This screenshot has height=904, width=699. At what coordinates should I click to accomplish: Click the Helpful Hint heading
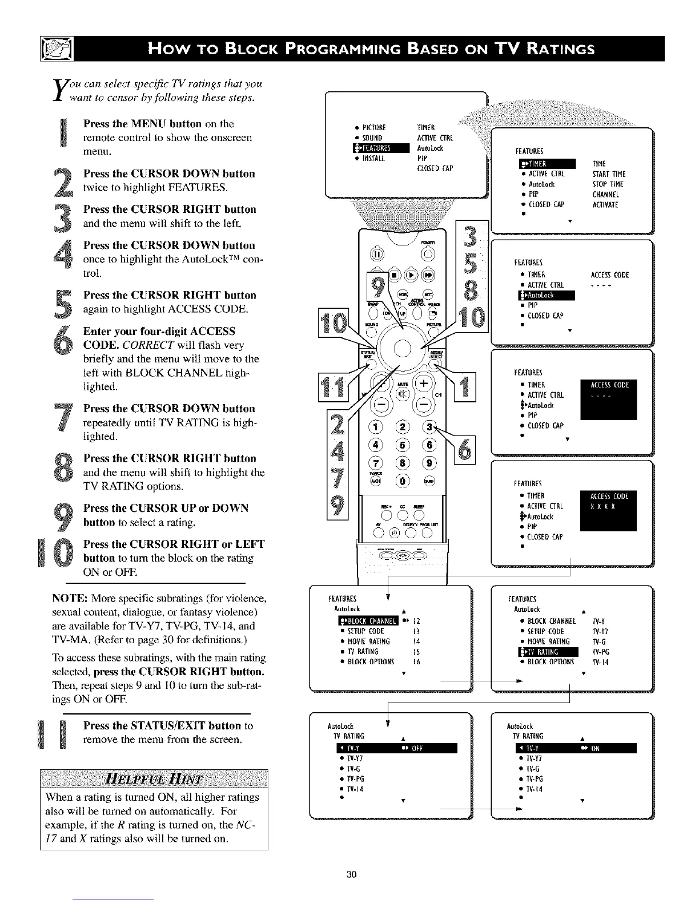154,778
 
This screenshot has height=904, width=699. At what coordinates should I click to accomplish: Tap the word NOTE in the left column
70,599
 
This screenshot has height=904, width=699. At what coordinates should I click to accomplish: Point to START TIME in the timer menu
609,173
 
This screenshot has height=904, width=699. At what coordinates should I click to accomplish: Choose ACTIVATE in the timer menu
605,204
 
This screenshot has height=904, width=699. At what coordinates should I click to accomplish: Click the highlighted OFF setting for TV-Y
412,748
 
